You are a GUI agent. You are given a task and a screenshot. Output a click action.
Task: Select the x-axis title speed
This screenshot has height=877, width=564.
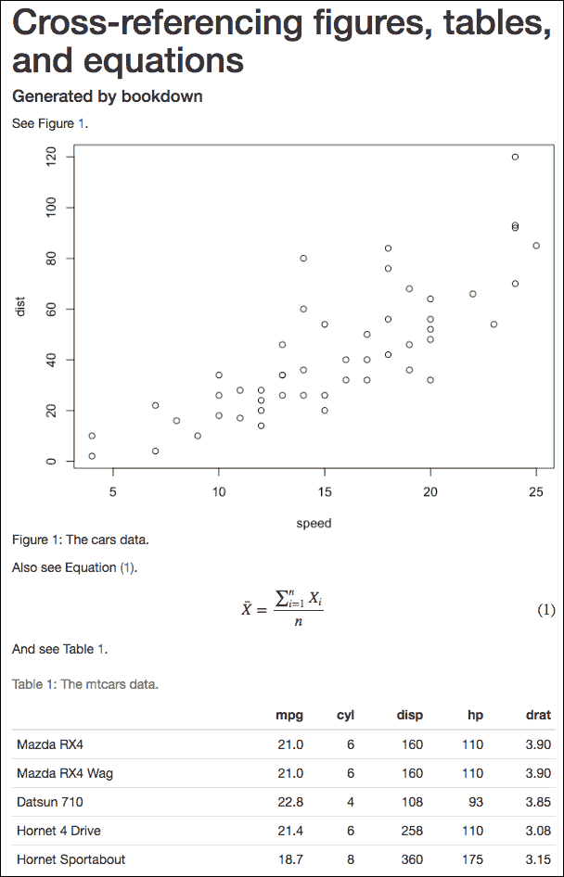pos(314,523)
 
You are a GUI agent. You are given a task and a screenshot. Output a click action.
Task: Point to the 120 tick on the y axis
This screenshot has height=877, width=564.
pos(51,157)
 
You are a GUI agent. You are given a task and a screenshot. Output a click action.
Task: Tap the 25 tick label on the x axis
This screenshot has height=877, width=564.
pos(536,492)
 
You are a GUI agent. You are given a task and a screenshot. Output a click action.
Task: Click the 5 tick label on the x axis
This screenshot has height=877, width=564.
pos(113,492)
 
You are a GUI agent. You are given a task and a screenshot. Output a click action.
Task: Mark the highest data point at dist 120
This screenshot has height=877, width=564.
pos(515,157)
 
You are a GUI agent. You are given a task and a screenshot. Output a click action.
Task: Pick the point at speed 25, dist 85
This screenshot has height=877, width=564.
pos(536,246)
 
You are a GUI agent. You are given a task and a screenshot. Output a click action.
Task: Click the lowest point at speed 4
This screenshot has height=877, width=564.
pos(92,456)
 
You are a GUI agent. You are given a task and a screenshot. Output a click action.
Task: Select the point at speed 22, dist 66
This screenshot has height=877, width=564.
pos(473,294)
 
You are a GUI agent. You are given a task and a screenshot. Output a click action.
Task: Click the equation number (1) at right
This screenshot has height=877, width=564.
pos(546,610)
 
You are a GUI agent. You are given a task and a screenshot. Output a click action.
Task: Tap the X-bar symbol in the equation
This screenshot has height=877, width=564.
pos(248,609)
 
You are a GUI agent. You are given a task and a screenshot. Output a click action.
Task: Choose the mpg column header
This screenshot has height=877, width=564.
pos(289,715)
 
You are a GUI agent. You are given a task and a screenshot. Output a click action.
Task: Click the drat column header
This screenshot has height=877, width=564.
pos(538,715)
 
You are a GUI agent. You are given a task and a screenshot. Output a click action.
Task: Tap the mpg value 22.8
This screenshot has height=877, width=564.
pos(290,802)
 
